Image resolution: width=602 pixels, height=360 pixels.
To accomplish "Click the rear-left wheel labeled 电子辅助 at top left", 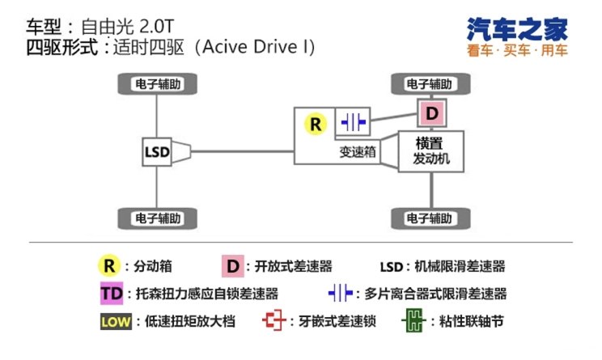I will point(156,83).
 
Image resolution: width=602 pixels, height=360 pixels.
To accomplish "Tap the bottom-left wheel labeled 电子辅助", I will point(156,218).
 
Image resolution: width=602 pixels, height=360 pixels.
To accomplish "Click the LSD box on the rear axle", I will point(157,151).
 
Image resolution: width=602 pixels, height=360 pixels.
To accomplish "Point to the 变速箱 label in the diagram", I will point(357,150).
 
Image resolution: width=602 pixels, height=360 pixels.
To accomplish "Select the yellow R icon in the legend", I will point(109,266).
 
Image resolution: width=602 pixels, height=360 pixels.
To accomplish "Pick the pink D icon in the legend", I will point(232,266).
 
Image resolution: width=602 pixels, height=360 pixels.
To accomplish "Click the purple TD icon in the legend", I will point(109,294).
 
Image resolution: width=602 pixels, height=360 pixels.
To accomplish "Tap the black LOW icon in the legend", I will point(115,321).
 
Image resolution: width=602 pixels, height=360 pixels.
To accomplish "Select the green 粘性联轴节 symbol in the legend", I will point(416,321).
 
